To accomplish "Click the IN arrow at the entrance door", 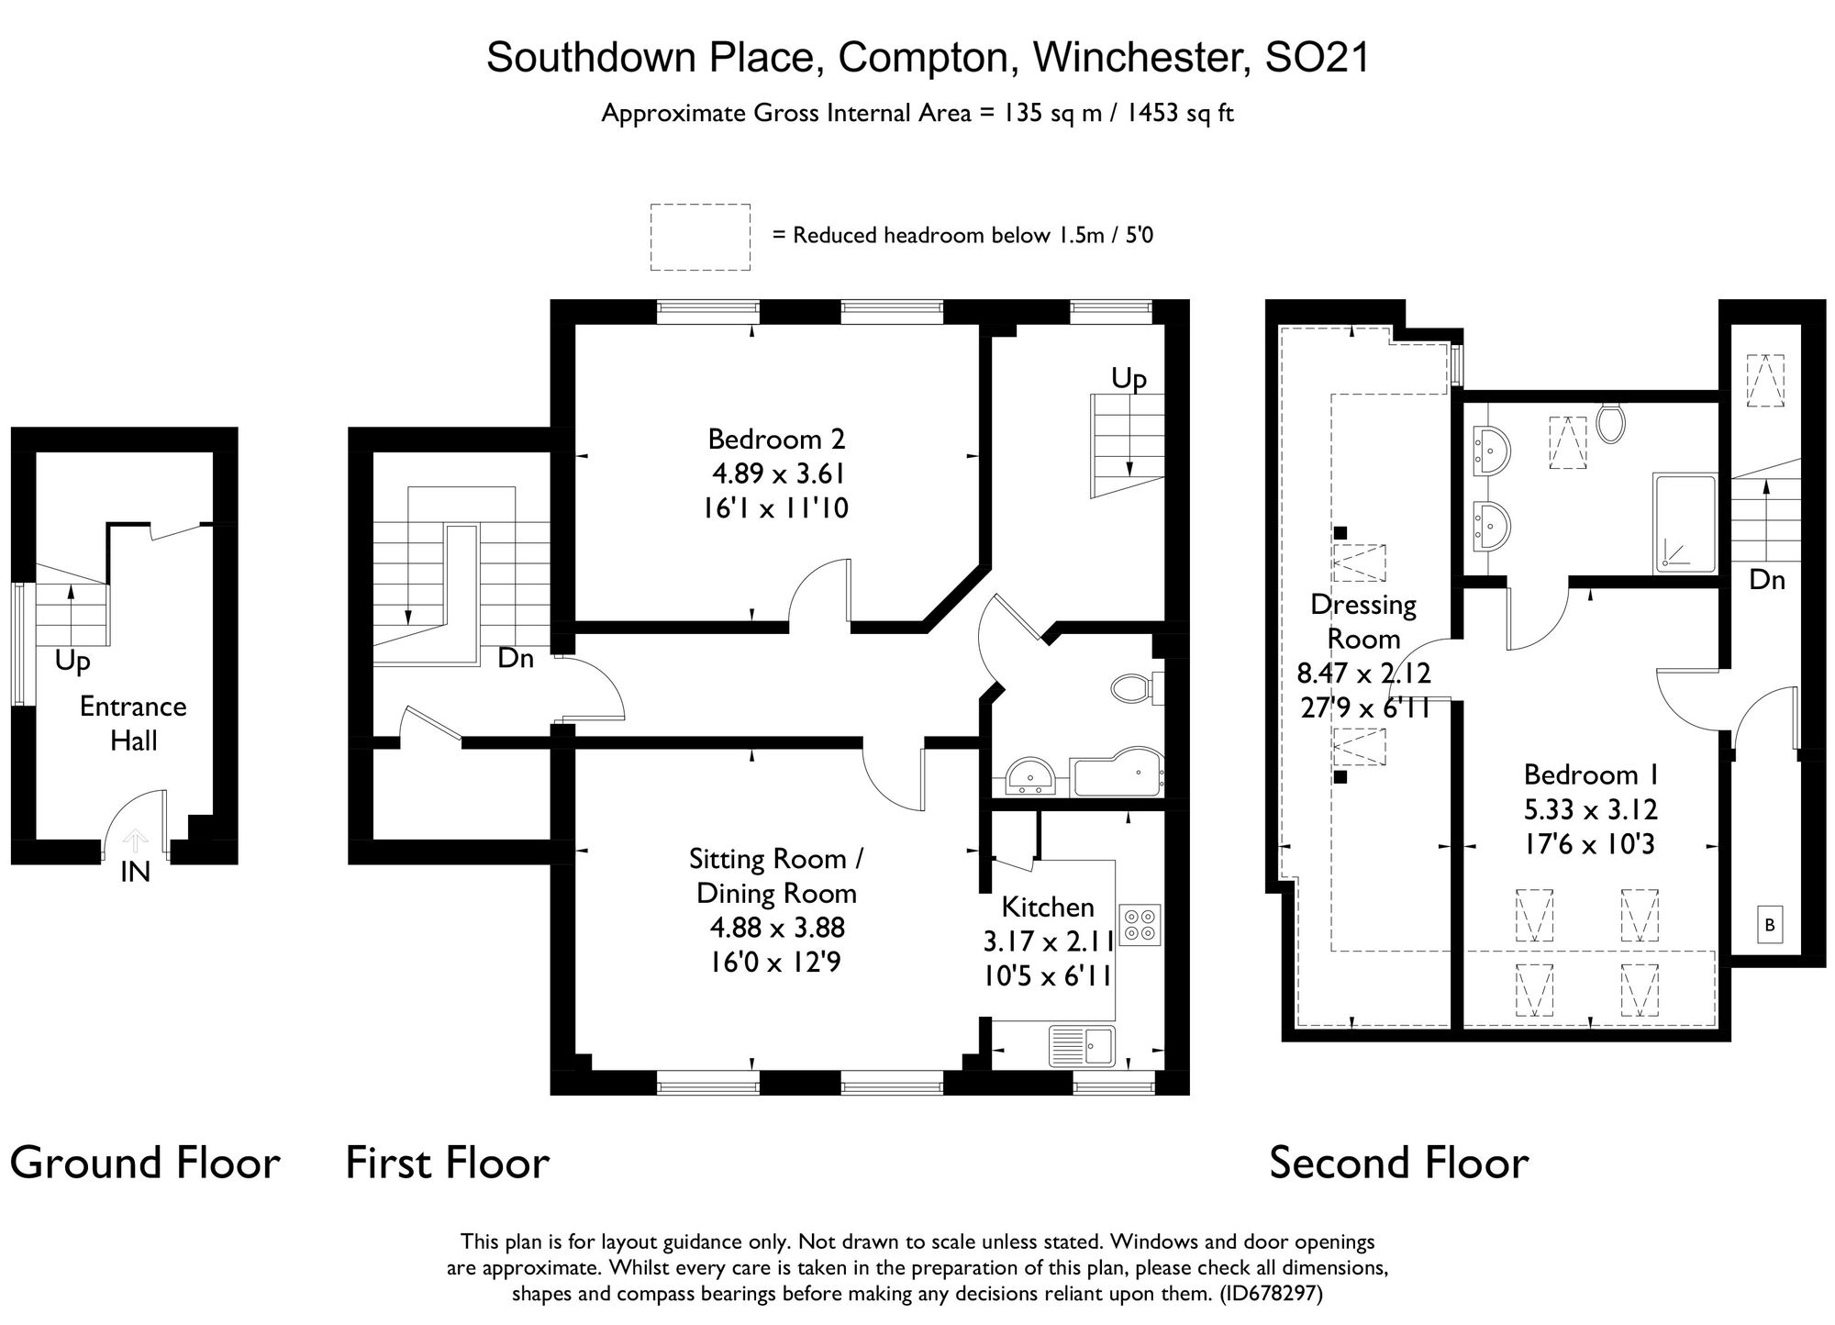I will [135, 840].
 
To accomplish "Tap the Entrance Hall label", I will [133, 723].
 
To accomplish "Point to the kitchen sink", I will [1083, 1045].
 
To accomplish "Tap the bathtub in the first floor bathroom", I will [1118, 774].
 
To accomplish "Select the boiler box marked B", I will [1770, 925].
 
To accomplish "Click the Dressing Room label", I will [1363, 621].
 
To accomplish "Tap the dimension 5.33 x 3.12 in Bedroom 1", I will [1590, 809].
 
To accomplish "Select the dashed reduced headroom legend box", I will [700, 237].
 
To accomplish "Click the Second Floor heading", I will [1398, 1163].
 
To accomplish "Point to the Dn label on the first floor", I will [516, 658].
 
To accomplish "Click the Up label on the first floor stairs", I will [1129, 378].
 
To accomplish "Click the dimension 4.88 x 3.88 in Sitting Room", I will [776, 927].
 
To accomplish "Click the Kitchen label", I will [1048, 907].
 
